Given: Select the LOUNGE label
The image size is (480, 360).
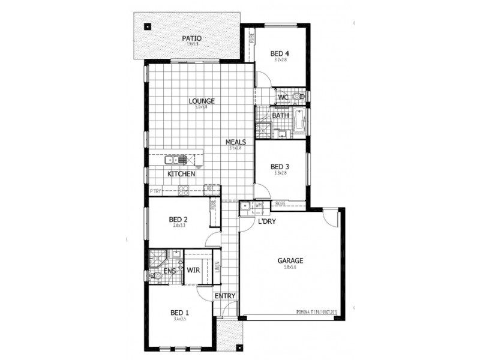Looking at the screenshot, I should tap(202, 101).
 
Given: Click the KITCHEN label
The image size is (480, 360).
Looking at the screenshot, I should tap(181, 173).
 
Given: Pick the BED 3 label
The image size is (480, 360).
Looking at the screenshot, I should tap(280, 166).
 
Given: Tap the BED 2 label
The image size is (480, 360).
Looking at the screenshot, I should tap(179, 219).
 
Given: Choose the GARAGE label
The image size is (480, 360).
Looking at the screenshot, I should tap(290, 261).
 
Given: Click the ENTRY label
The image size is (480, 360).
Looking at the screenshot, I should tap(224, 296).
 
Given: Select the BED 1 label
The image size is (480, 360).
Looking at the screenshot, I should tap(179, 313).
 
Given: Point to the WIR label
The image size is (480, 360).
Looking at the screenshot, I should tap(193, 271).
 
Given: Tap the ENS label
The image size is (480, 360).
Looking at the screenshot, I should tap(170, 271).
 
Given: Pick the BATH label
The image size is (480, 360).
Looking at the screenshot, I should tap(280, 115).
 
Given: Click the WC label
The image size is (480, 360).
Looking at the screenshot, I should tap(283, 97).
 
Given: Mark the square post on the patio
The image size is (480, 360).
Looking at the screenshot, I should tap(147, 26).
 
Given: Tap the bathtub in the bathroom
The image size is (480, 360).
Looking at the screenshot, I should tap(301, 123).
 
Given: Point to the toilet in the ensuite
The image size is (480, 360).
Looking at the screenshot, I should tap(155, 275).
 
